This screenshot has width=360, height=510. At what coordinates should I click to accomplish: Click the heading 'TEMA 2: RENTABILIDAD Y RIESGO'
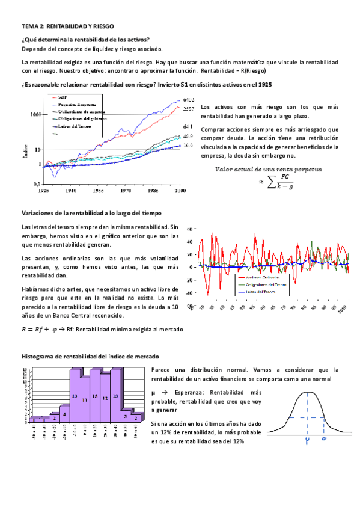(67, 27)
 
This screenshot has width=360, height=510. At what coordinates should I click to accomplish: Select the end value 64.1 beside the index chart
(187, 127)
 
